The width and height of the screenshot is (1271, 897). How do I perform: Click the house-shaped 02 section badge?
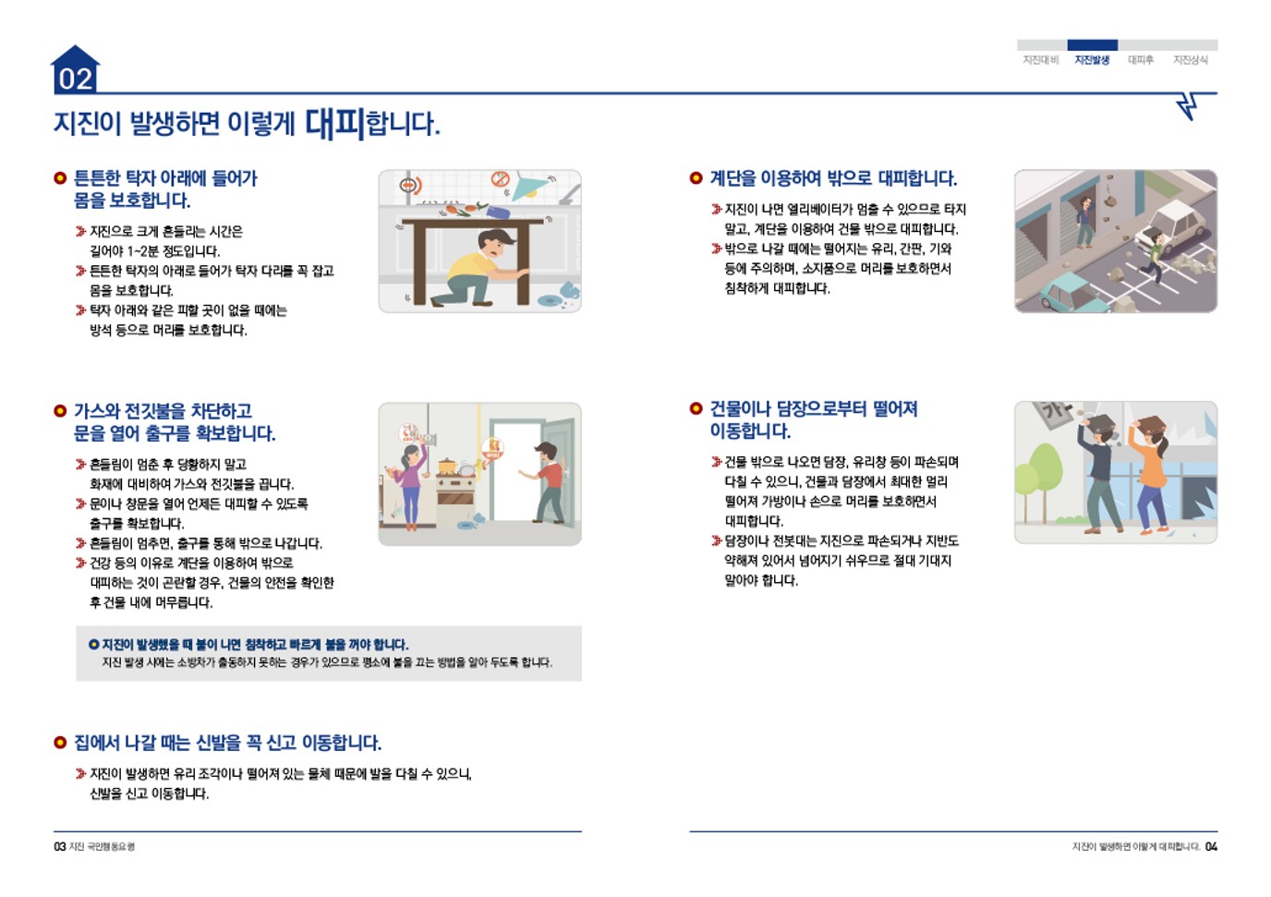tap(75, 71)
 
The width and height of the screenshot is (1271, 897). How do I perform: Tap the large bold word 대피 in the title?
tap(335, 123)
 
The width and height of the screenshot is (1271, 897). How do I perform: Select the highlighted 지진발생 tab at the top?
tap(1092, 60)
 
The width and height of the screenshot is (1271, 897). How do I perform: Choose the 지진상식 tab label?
tap(1191, 60)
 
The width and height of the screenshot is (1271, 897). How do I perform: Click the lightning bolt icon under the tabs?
tap(1189, 105)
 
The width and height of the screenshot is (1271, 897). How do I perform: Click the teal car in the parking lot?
tap(1074, 290)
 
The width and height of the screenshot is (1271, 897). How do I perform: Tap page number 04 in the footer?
tap(1211, 846)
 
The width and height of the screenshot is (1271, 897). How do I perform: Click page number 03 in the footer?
tap(60, 846)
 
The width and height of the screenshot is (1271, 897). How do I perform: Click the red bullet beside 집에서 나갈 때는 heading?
tap(60, 743)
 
